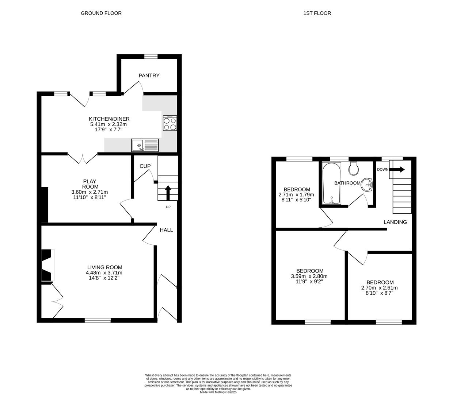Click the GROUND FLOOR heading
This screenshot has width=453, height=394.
(101, 13)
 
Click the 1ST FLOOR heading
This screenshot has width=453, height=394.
(317, 13)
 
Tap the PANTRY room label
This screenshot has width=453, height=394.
(149, 76)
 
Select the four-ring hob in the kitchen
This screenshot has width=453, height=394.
(170, 123)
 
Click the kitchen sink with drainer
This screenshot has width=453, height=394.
(145, 145)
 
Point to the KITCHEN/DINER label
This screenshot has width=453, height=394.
(109, 119)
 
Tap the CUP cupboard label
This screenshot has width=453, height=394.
(145, 166)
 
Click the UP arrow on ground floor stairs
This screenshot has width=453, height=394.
(168, 193)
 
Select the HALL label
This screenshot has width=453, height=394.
(166, 230)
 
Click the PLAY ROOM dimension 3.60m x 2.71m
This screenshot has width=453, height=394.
(90, 192)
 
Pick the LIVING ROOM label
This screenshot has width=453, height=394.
(104, 267)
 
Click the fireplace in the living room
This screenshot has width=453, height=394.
(47, 265)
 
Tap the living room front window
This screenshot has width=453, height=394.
(98, 320)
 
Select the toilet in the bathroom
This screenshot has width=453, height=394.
(354, 168)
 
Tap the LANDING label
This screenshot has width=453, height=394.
(395, 222)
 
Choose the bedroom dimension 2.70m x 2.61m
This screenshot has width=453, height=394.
(380, 287)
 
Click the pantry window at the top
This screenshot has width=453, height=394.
(151, 56)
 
